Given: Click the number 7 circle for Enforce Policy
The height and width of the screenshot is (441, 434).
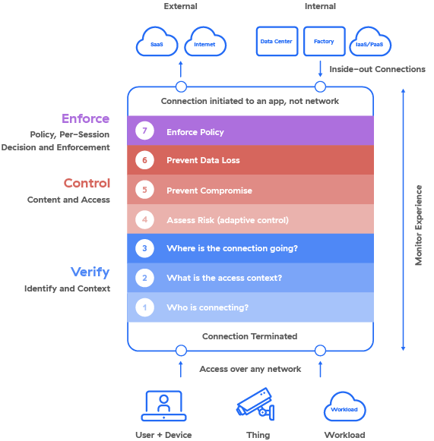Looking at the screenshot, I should tap(145, 131).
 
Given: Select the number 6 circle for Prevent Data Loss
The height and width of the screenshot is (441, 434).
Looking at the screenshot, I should tap(145, 161).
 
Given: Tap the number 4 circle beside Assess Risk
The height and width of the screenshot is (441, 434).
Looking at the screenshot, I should tap(145, 220).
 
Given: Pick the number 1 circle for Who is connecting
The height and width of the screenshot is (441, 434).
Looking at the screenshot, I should tap(145, 307).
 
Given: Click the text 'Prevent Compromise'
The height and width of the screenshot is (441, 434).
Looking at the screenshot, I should tap(209, 191).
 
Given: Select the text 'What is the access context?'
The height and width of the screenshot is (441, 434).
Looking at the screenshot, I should tap(224, 278).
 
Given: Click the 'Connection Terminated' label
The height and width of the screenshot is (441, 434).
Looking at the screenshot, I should tap(249, 336).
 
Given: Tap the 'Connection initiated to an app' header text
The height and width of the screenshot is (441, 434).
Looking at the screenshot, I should tap(250, 101).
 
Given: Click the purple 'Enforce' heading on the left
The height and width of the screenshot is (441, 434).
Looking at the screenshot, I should tap(85, 118).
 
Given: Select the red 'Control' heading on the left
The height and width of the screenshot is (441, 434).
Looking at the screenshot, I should tap(87, 183).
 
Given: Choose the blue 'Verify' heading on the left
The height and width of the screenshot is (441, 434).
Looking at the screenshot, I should tap(90, 272).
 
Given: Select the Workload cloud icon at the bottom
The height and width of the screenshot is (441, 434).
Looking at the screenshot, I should tap(345, 408).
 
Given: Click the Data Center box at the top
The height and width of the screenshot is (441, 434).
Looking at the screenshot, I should tap(277, 43).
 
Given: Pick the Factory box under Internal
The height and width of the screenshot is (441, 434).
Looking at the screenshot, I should tap(325, 43).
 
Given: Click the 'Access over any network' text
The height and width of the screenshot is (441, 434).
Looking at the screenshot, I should tap(250, 369).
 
